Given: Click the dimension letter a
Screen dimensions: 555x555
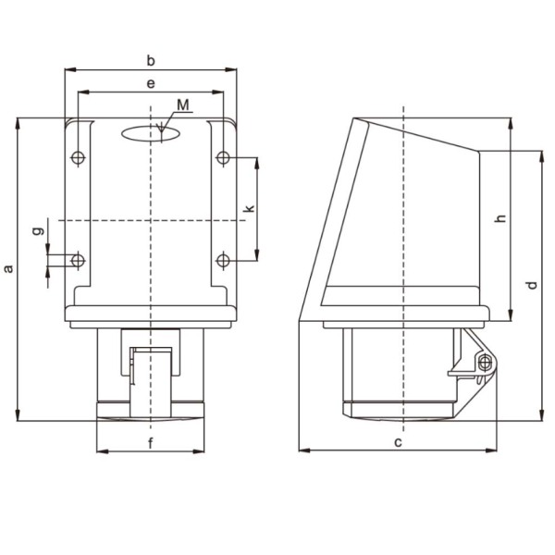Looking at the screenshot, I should tap(8, 268).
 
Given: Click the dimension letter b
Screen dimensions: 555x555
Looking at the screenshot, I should tap(151, 60).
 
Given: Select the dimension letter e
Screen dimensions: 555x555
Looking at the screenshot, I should tap(151, 83).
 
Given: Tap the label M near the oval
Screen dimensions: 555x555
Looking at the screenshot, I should tap(183, 105).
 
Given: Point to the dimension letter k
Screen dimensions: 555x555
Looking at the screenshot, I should tap(248, 209).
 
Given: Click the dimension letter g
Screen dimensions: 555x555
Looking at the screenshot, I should tap(37, 229).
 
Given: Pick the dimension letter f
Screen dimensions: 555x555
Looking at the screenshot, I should tap(151, 442).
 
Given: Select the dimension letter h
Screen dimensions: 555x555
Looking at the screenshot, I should tap(500, 218).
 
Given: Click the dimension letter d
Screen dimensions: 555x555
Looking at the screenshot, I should tap(532, 284).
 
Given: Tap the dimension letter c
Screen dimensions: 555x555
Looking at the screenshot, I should tap(398, 442).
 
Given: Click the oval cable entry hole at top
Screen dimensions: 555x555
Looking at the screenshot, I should tap(152, 133).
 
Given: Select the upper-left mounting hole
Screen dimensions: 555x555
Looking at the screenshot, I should tap(78, 158).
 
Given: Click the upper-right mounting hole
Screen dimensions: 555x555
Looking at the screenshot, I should tap(223, 158).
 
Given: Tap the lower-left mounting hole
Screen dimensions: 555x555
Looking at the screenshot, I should tap(78, 261).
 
